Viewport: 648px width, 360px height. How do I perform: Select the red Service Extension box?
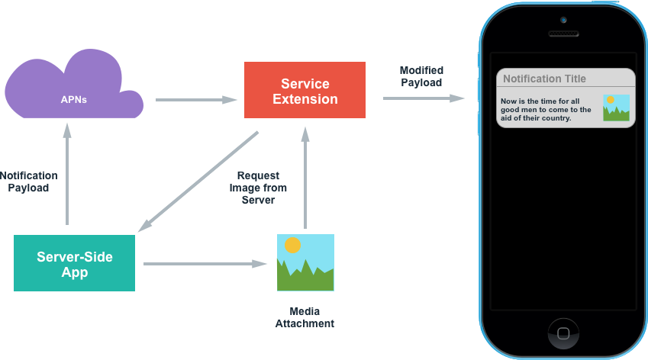pyautogui.click(x=305, y=91)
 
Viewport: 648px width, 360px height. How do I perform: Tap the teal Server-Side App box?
pyautogui.click(x=74, y=264)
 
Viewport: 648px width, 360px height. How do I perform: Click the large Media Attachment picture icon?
pyautogui.click(x=305, y=262)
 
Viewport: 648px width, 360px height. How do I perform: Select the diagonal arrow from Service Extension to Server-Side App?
pyautogui.click(x=199, y=182)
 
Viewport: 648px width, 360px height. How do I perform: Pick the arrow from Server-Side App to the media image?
pyautogui.click(x=205, y=264)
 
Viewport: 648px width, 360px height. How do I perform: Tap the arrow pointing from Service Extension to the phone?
pyautogui.click(x=424, y=98)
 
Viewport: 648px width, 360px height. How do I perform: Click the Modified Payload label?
pyautogui.click(x=421, y=76)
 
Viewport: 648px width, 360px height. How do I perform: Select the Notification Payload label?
pyautogui.click(x=28, y=182)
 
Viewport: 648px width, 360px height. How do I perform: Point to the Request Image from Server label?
pyautogui.click(x=258, y=188)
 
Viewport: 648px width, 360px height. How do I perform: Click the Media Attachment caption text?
pyautogui.click(x=305, y=317)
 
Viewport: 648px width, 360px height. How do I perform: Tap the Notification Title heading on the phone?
pyautogui.click(x=544, y=79)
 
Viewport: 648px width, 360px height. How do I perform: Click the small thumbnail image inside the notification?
pyautogui.click(x=616, y=108)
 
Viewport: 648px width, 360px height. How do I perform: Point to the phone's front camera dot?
pyautogui.click(x=563, y=20)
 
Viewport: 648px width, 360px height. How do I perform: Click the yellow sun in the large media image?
pyautogui.click(x=292, y=245)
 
